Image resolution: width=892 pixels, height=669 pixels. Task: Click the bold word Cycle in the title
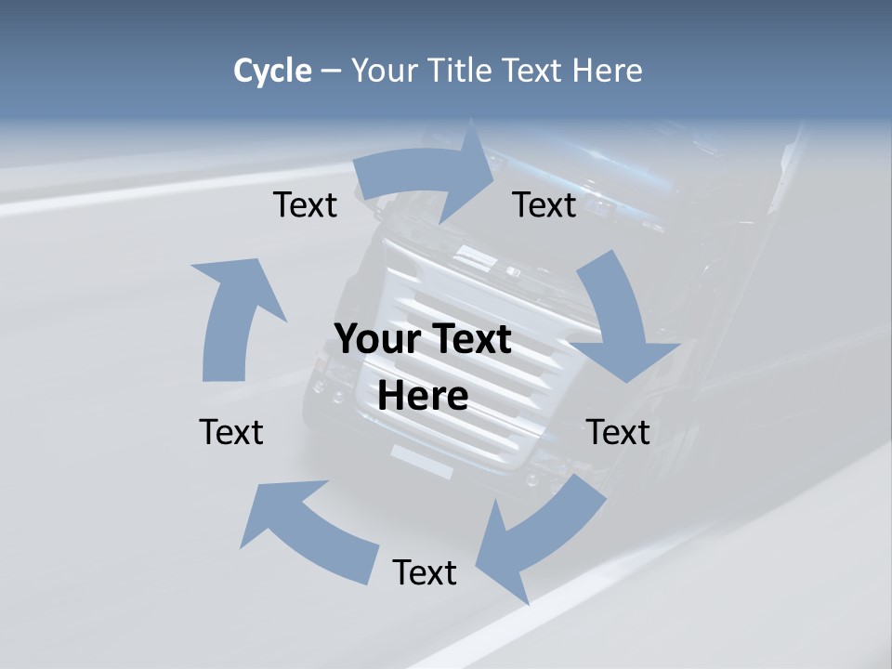(272, 71)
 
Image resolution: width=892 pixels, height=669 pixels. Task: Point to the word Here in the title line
(608, 71)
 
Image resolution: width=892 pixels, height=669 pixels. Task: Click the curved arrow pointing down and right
(619, 316)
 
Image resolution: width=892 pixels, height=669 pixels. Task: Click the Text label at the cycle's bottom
(425, 572)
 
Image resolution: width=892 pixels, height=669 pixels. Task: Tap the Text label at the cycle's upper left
(305, 204)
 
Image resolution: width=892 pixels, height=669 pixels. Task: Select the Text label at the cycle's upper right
(544, 204)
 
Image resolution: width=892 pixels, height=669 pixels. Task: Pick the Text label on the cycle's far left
(231, 432)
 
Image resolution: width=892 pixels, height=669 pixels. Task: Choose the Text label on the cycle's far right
(618, 432)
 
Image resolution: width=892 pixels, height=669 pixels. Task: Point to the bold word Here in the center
(423, 396)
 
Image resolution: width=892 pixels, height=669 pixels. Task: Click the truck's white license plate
(422, 461)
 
